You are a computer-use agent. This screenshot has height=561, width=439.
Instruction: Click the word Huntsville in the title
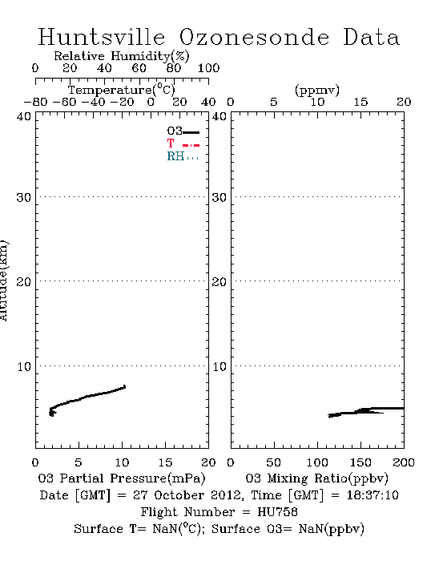(102, 37)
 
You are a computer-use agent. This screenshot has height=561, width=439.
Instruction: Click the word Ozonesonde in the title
(254, 37)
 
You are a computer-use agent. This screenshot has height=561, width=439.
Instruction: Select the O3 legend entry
(183, 131)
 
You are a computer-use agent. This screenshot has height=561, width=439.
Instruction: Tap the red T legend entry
(183, 143)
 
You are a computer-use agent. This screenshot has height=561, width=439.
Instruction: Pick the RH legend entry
(183, 156)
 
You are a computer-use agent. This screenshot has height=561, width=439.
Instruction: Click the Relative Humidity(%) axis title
(122, 56)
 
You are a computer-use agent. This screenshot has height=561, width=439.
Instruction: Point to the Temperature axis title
(122, 90)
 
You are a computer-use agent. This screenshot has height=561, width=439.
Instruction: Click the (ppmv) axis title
(317, 90)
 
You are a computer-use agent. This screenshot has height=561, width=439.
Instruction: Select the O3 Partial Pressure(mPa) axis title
(122, 478)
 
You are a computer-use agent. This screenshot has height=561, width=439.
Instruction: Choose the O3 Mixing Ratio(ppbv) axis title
(316, 478)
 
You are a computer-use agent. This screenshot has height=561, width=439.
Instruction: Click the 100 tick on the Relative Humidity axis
(208, 68)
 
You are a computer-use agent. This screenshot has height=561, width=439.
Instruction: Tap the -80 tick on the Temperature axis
(35, 102)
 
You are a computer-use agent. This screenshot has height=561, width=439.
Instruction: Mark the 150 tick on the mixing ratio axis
(360, 462)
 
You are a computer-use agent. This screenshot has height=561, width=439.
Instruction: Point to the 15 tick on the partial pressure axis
(165, 462)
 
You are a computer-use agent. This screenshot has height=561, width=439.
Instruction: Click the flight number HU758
(277, 512)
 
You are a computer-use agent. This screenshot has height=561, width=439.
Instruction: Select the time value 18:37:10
(373, 495)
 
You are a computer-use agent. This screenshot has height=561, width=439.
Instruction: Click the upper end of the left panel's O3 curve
(125, 386)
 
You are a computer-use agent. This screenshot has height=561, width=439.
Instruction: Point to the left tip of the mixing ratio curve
(328, 416)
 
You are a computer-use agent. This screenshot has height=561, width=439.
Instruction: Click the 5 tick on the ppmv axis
(274, 102)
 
